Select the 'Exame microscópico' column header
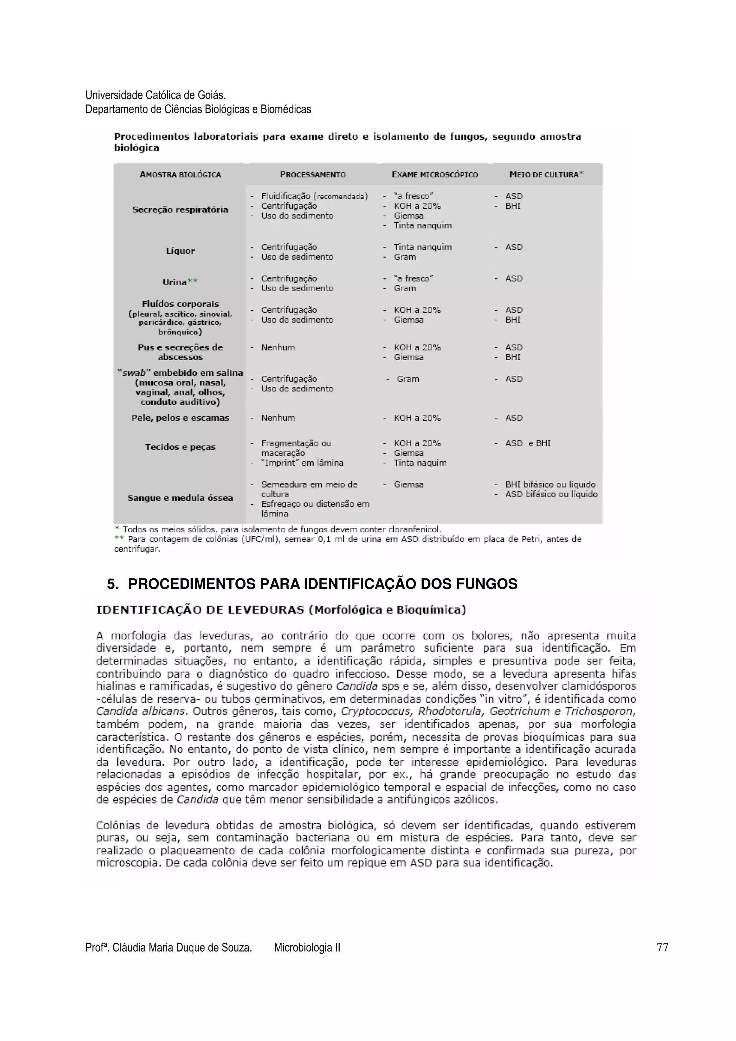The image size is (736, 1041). [x=434, y=175]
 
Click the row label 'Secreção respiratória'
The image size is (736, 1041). [x=180, y=209]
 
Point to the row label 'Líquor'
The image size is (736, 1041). [x=180, y=251]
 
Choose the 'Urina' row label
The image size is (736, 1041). [x=175, y=282]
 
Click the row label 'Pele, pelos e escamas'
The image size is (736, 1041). [x=180, y=417]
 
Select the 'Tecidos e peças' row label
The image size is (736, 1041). [x=180, y=447]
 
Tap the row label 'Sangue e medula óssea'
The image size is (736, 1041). [x=180, y=498]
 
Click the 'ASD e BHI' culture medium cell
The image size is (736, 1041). [x=528, y=443]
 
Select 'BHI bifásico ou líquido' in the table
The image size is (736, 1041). [x=550, y=484]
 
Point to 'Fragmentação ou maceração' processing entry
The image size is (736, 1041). [x=296, y=448]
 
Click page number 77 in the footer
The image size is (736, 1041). [x=662, y=947]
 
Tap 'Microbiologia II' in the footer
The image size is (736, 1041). [x=307, y=947]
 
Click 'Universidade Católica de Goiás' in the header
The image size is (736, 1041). [x=155, y=95]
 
